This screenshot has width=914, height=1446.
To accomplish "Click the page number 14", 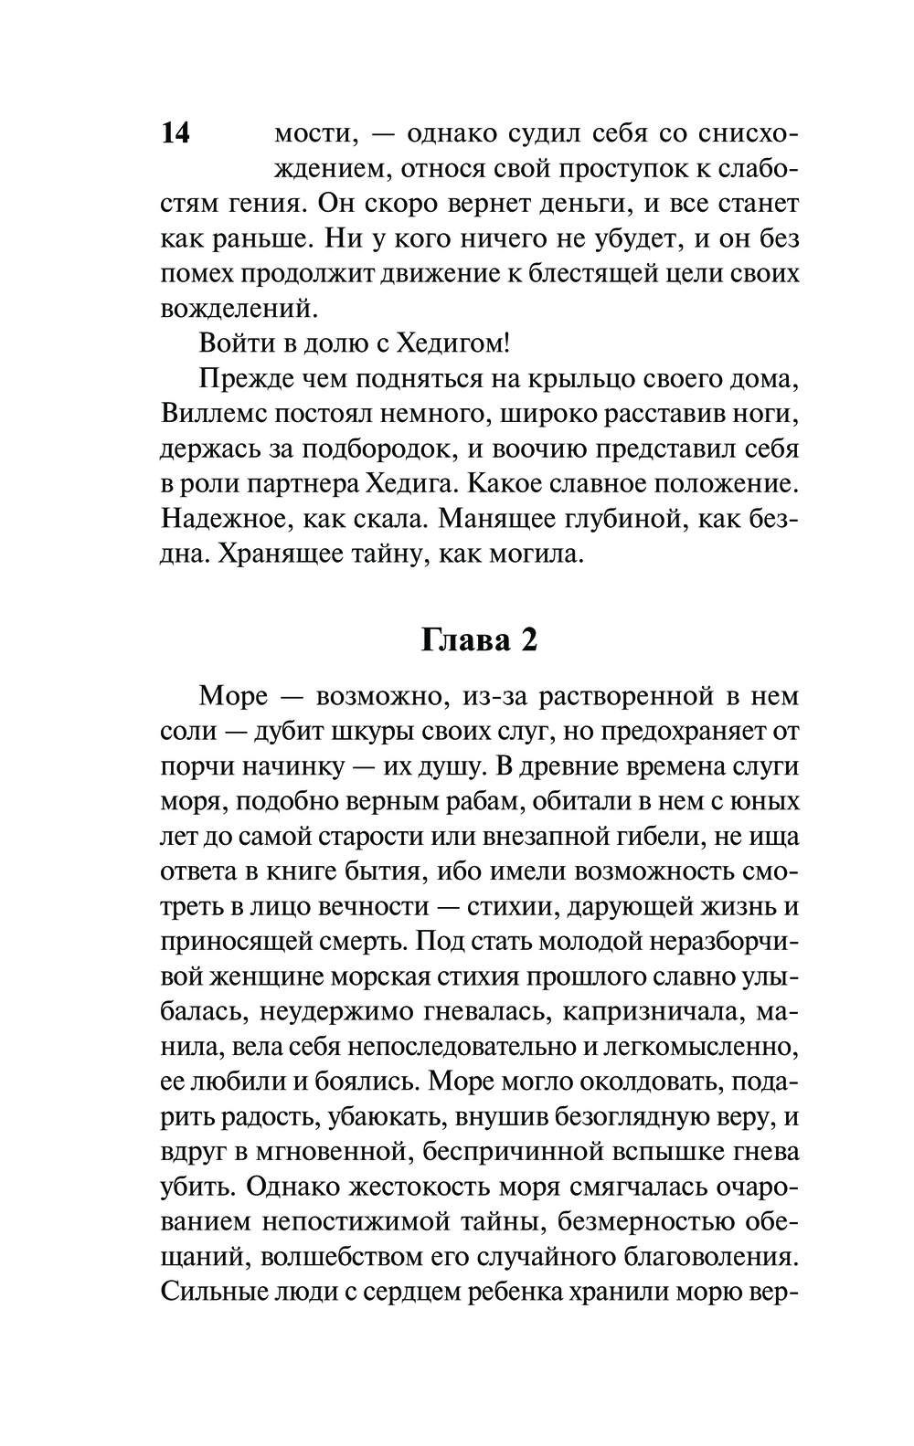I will (175, 133).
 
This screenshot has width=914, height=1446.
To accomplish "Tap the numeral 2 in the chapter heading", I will (528, 640).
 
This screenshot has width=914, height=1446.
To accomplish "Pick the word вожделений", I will (239, 308).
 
